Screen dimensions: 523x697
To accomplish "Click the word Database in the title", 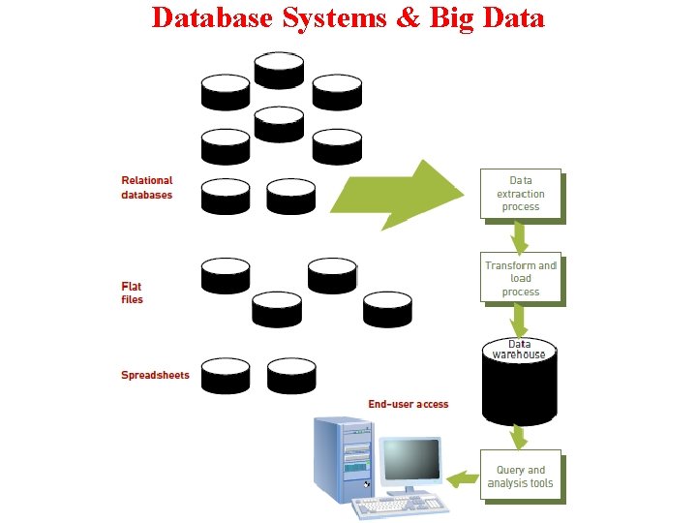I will [x=214, y=17].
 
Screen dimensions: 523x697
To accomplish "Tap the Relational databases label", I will [x=146, y=188].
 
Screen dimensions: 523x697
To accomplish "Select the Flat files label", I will [x=132, y=292].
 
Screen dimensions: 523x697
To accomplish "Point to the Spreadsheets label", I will [x=155, y=375].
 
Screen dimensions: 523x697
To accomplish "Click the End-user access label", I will [x=408, y=404].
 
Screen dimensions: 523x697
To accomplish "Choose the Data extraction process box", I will [x=520, y=194].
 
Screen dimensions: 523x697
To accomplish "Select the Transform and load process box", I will [x=520, y=279].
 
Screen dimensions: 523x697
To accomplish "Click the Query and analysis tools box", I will [x=520, y=477].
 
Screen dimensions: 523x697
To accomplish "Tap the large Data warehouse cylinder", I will [x=520, y=383].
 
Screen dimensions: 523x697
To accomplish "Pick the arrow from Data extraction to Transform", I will [x=520, y=237].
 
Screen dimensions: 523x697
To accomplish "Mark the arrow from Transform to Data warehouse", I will [x=520, y=321].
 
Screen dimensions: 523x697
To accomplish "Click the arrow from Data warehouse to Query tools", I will [x=520, y=438].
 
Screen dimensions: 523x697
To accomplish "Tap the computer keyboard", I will [x=399, y=506].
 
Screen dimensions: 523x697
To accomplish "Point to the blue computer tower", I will [x=343, y=460].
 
